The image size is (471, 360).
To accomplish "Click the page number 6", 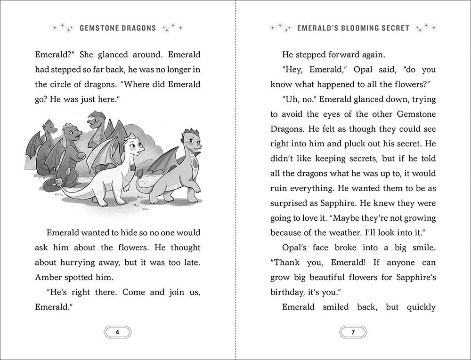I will (118, 332).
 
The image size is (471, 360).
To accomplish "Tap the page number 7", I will (353, 332).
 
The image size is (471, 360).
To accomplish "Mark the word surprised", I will (291, 202).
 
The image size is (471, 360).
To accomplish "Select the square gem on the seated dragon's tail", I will (59, 182).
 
